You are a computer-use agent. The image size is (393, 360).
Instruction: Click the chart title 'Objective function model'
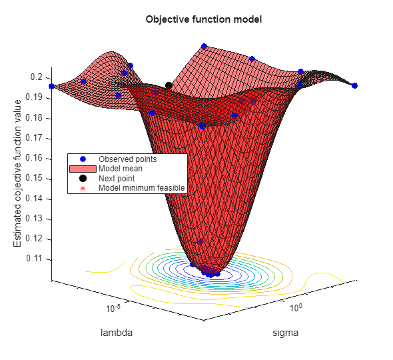(203, 19)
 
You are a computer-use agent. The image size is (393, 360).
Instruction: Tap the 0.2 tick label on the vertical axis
(38, 77)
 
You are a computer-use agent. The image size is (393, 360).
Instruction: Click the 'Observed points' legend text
(128, 159)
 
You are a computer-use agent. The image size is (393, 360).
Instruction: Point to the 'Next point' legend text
(117, 179)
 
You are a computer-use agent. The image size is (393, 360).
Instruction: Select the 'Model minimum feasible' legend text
(141, 188)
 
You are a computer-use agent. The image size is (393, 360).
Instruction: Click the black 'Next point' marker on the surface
(169, 85)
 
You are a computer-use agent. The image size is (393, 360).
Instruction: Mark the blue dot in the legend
(83, 159)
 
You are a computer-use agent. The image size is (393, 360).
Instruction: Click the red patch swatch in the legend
(83, 169)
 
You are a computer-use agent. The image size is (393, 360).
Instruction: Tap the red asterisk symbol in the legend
(83, 188)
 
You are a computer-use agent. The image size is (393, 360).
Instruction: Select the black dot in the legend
(83, 179)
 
